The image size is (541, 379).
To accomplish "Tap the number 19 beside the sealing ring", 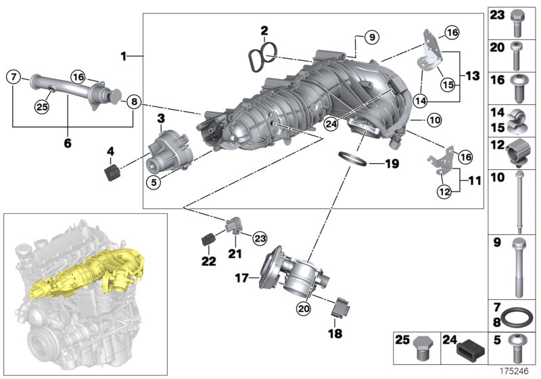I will pyautogui.click(x=392, y=164).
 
